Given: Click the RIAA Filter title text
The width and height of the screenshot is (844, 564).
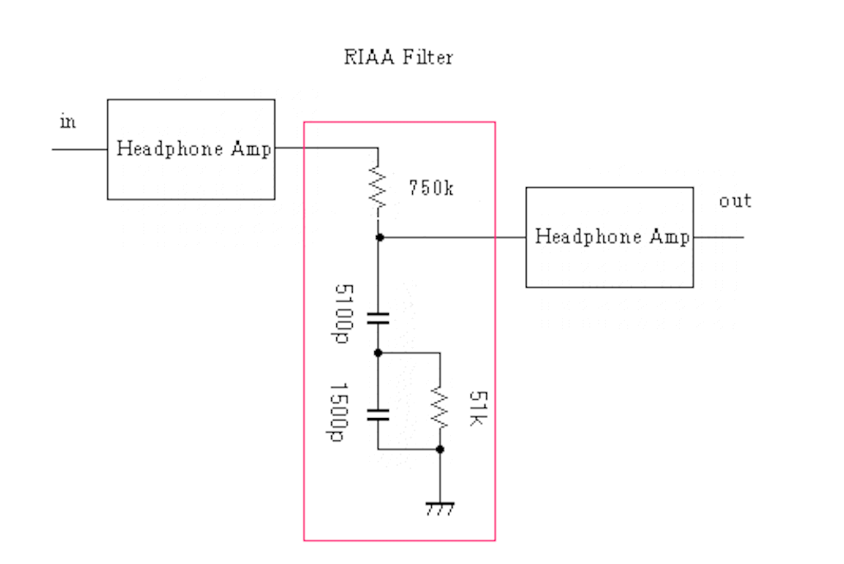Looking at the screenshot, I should click(398, 58).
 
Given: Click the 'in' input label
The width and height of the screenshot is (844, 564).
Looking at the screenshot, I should click(68, 122).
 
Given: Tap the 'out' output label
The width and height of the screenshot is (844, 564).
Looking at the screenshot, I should click(734, 201).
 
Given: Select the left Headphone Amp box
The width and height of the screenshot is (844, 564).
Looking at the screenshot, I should click(190, 149).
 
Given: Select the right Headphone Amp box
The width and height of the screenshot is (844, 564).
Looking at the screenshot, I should click(609, 237).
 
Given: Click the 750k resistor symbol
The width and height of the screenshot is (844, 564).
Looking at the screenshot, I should click(378, 189).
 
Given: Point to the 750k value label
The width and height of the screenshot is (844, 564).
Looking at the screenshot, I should click(430, 188).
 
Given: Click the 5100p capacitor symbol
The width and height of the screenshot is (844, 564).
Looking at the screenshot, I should click(378, 318).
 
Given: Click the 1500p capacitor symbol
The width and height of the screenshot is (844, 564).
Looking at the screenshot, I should click(378, 413).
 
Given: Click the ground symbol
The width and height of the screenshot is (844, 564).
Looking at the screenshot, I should click(439, 507).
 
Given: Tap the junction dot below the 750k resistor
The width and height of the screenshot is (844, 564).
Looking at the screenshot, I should click(378, 237).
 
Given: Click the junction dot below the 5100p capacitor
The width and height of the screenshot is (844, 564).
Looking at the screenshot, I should click(378, 352).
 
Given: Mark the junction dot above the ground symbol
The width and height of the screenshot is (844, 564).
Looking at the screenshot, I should click(439, 449).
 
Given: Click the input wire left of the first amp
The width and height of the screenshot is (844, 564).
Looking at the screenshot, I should click(79, 149).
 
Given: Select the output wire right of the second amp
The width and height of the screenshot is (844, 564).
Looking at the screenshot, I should click(718, 237).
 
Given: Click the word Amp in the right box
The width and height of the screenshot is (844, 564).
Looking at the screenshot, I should click(668, 237).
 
